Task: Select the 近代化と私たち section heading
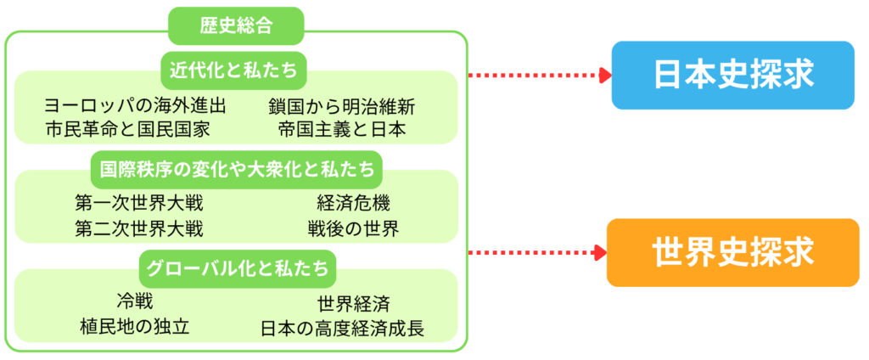tap(236, 70)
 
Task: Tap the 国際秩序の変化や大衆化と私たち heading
tap(237, 169)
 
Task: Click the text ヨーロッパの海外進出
tap(136, 107)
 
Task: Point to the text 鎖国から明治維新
tap(342, 107)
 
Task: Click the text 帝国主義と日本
tap(342, 129)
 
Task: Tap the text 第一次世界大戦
tap(138, 204)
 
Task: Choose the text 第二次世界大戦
tap(138, 228)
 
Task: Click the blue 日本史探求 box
tap(733, 75)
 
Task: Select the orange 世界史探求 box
tap(733, 252)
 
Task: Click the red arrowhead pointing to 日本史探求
tap(603, 75)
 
